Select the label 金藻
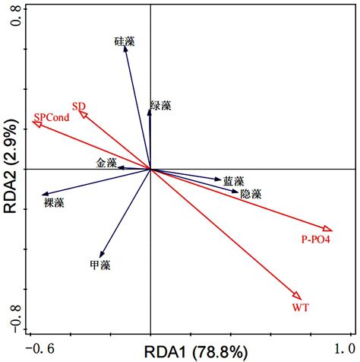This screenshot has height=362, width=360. (x=106, y=163)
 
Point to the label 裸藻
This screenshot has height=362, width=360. (x=54, y=203)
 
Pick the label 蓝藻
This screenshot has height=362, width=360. (x=233, y=182)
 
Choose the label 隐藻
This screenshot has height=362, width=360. (x=251, y=195)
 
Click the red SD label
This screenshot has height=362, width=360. (x=79, y=106)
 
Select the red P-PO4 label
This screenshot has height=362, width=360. (x=317, y=240)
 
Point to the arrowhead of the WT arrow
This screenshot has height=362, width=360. (x=298, y=296)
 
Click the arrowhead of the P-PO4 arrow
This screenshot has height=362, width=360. (x=328, y=229)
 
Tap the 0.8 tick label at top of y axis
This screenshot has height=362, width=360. (x=11, y=24)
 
